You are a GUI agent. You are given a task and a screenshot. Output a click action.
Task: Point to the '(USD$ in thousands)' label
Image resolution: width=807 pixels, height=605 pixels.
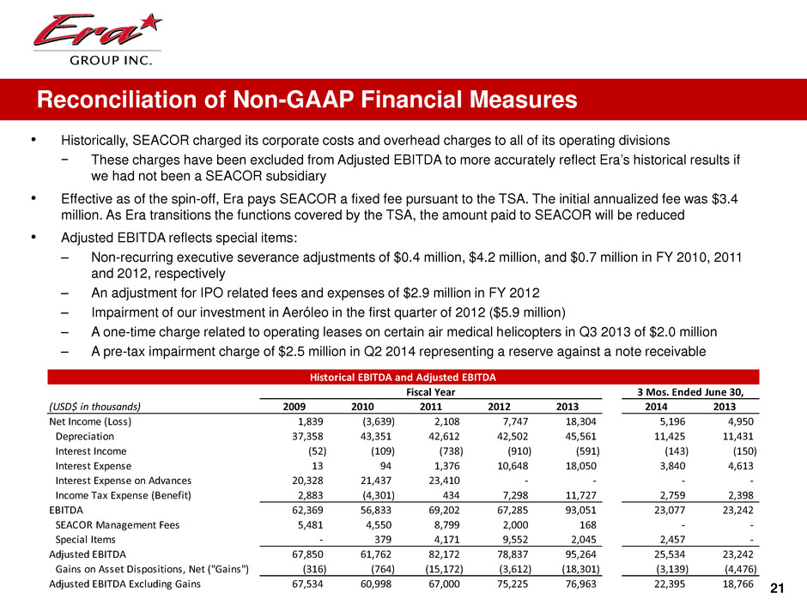[94, 407]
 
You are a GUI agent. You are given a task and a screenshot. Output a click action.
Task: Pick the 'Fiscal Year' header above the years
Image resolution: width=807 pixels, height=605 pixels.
[430, 392]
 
